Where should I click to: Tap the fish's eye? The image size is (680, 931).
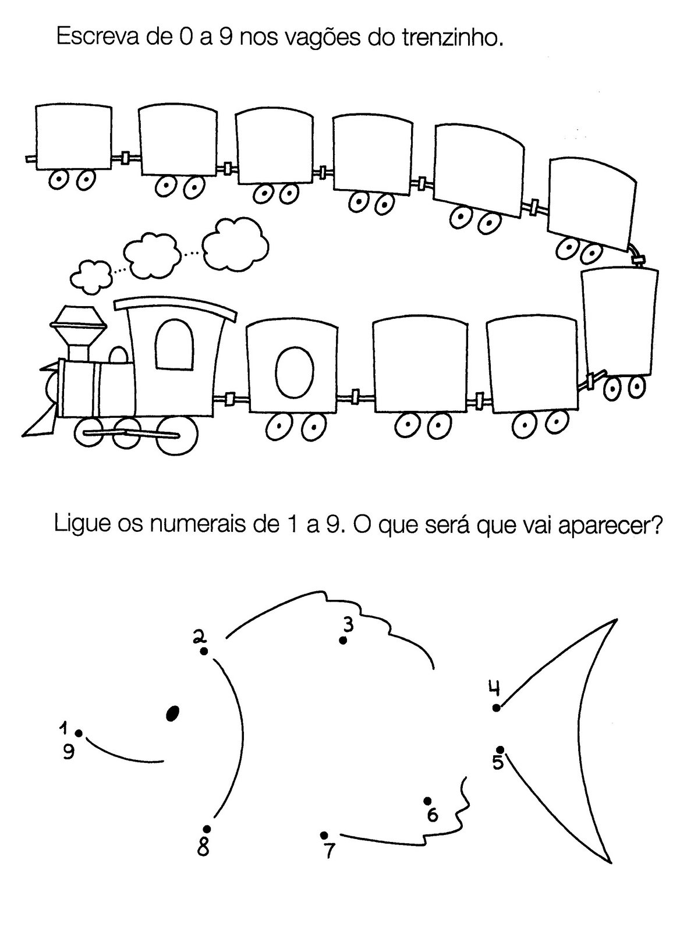click(x=172, y=713)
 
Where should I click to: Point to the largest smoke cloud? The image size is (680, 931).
click(x=235, y=242)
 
